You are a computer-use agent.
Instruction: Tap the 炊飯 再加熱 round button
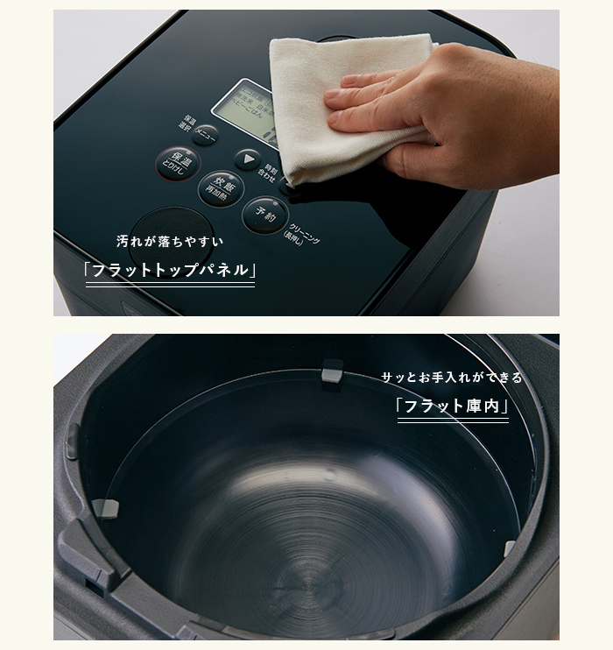tap(219, 187)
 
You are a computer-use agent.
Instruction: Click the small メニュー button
tap(206, 134)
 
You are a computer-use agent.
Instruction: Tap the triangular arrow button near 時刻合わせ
tap(249, 160)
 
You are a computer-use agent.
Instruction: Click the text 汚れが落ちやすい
tap(170, 241)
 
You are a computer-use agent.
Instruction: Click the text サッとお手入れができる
tap(451, 378)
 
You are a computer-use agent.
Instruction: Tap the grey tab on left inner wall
tap(105, 507)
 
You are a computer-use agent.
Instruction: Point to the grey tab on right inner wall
tap(510, 548)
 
